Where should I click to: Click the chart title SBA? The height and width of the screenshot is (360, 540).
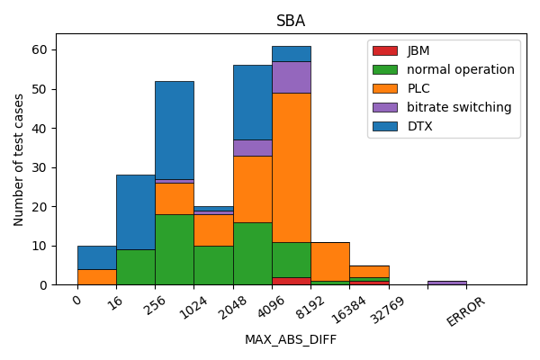pos(291,22)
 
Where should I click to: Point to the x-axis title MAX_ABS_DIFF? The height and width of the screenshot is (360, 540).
pos(291,339)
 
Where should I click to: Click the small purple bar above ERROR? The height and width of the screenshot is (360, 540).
pos(447,283)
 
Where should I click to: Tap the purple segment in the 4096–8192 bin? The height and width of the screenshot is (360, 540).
pos(292,76)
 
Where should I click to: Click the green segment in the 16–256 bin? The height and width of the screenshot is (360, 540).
pos(135,267)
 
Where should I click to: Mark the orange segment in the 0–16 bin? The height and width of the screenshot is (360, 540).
pos(96,277)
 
